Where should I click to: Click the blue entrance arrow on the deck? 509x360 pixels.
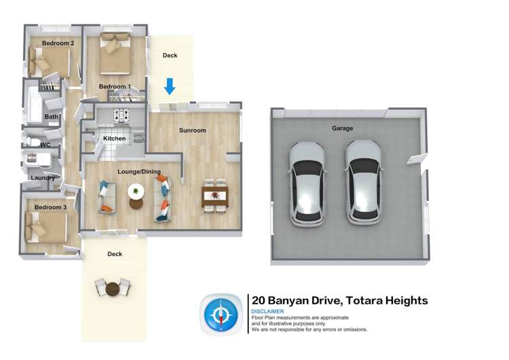click(170, 86)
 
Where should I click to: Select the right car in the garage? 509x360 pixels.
click(364, 183)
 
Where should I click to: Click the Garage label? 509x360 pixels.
click(342, 128)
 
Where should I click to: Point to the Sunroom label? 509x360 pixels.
click(192, 130)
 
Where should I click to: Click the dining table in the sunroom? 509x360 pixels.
click(214, 197)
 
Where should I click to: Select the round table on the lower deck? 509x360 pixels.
click(112, 289)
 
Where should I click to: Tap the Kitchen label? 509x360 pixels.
click(114, 139)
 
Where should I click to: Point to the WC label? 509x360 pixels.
click(45, 145)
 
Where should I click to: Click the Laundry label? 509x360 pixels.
click(43, 178)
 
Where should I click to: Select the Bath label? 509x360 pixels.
click(52, 117)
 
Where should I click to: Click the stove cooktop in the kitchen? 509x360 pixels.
click(121, 115)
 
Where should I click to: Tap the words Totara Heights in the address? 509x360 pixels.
click(387, 300)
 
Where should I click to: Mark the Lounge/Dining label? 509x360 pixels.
click(139, 172)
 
